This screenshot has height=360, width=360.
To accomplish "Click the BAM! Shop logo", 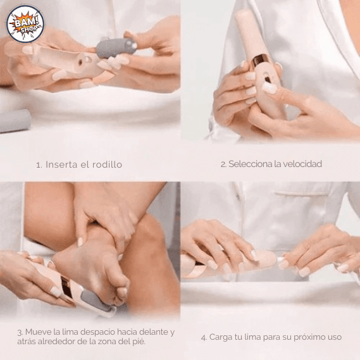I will pyautogui.click(x=25, y=24).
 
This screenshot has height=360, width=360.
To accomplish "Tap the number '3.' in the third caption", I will pyautogui.click(x=20, y=332).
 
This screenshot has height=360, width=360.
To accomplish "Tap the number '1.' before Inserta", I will pyautogui.click(x=39, y=164).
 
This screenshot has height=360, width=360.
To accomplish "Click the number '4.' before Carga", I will pyautogui.click(x=204, y=337).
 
